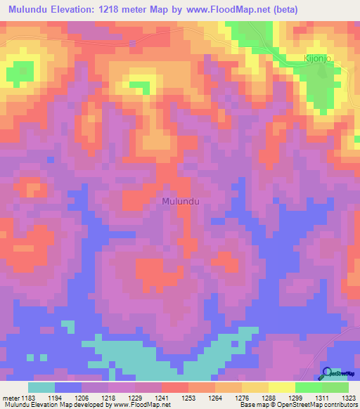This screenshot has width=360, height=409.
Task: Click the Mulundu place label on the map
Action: coord(181,201)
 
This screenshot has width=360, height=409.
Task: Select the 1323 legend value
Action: coord(349,398)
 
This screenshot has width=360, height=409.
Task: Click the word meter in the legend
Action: coord(11,398)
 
